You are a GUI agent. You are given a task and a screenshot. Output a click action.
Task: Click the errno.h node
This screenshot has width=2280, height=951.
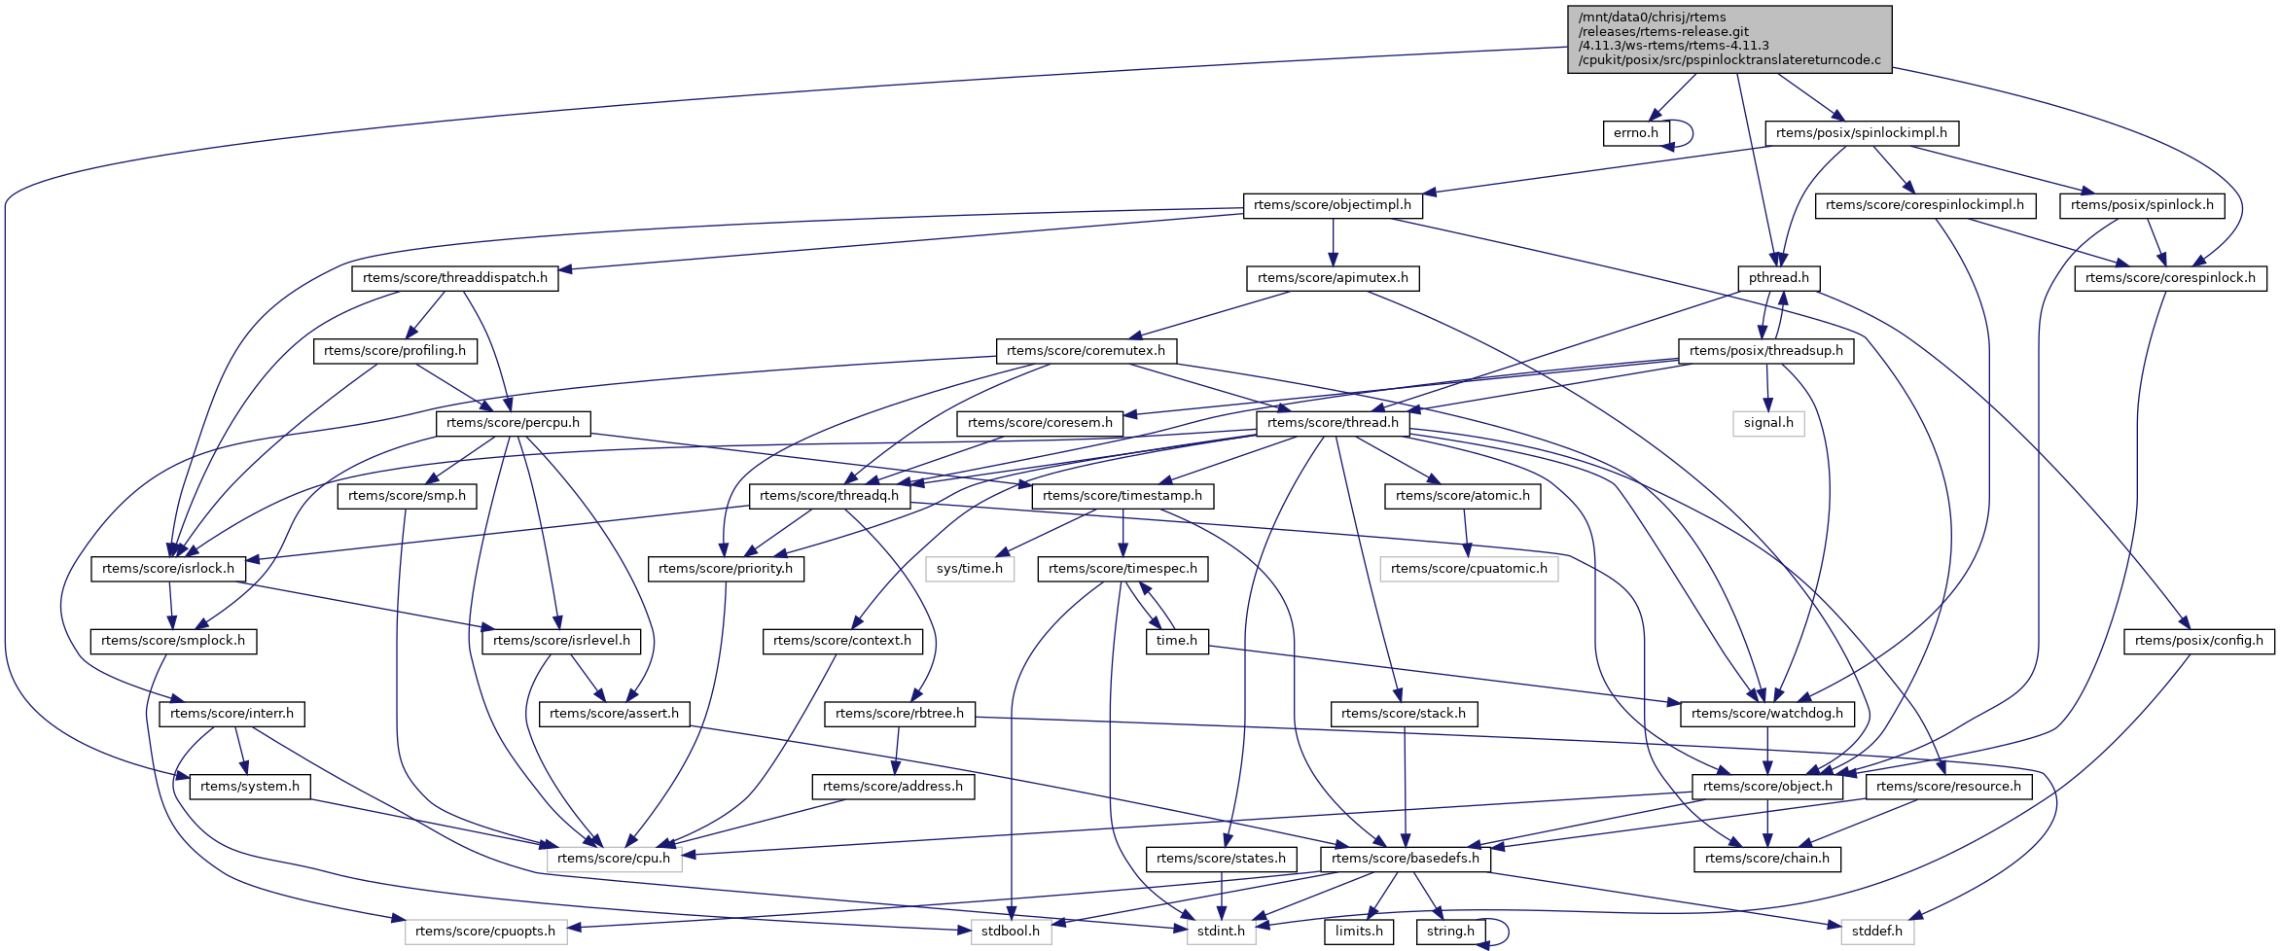[1635, 133]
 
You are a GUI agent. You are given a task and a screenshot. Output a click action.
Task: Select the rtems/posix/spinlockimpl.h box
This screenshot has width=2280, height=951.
[1861, 133]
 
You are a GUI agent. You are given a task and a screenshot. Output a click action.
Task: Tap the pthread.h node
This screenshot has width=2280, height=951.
[1778, 278]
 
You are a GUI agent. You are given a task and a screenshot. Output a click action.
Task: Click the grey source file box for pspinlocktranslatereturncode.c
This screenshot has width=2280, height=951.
[1728, 39]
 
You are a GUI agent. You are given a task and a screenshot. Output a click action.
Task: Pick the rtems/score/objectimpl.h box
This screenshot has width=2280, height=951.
[1332, 205]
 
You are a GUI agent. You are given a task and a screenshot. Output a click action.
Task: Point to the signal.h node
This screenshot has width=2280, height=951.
[1767, 423]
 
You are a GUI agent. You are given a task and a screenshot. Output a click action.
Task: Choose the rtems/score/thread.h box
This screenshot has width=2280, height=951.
[1333, 423]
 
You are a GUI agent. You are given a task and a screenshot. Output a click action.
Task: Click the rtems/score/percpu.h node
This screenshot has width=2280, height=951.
[513, 423]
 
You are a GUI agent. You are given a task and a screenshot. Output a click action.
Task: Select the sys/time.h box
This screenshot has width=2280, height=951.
[969, 569]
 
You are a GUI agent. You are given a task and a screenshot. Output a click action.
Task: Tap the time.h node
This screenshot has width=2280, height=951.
[1176, 641]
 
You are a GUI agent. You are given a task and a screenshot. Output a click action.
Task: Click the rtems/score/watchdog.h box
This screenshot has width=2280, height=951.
[1766, 714]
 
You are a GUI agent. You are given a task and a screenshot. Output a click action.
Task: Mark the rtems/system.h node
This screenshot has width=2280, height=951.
[250, 787]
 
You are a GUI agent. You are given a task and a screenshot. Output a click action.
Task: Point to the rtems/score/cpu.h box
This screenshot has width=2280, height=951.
[614, 859]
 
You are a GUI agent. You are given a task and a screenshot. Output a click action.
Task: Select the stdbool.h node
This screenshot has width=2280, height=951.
[1010, 932]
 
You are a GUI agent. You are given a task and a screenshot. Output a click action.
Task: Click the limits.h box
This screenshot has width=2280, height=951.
[1358, 932]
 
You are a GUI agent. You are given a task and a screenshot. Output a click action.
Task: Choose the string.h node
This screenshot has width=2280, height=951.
[1449, 932]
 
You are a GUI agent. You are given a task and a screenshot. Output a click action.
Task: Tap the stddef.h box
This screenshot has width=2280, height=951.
[1876, 932]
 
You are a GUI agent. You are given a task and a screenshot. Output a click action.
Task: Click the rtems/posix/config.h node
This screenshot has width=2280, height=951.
[2198, 641]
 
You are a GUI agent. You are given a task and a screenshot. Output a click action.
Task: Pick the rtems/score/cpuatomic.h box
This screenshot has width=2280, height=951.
[1468, 569]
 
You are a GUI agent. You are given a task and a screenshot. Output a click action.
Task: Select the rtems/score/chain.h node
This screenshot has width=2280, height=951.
[1766, 859]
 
